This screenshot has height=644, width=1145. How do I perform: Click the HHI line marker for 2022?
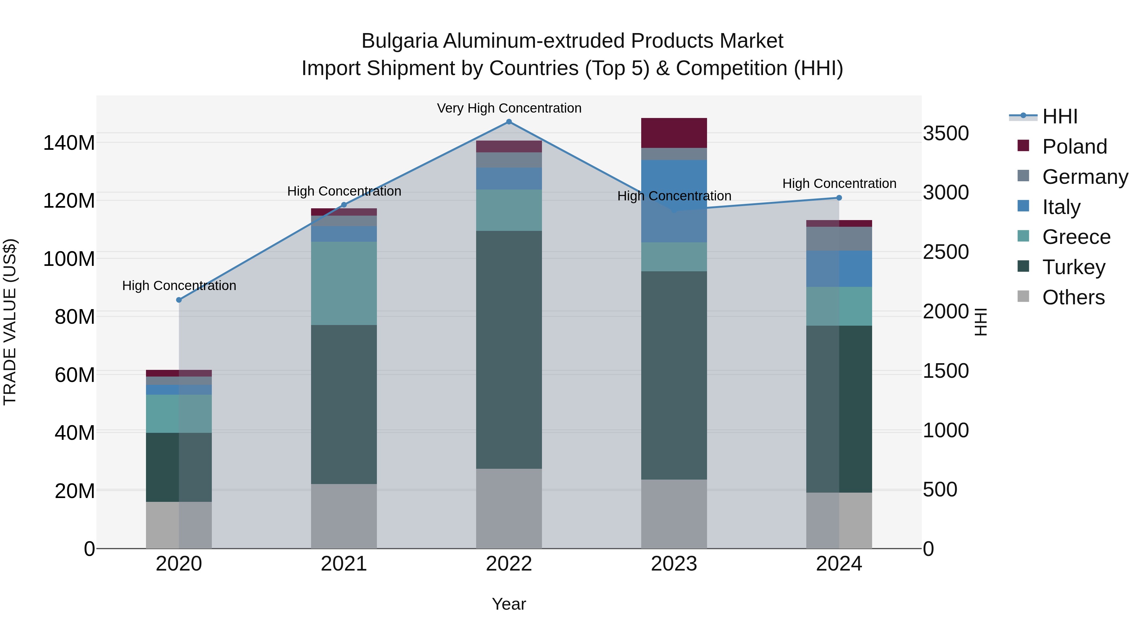tap(509, 122)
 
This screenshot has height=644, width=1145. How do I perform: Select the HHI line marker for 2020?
tap(179, 300)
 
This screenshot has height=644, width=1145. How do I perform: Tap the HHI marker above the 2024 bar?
tap(839, 198)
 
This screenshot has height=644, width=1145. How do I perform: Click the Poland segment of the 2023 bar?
tap(674, 133)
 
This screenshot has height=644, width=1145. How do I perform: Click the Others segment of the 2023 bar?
tap(674, 514)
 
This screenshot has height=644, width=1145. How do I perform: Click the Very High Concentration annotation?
tap(509, 108)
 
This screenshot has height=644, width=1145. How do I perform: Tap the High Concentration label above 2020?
tap(179, 286)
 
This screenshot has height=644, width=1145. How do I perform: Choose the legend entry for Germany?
tap(1085, 177)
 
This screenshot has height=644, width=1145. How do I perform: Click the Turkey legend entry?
tap(1073, 267)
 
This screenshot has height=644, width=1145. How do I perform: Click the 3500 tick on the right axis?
tap(946, 133)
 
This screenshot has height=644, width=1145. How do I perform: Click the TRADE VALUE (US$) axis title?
tap(10, 322)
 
